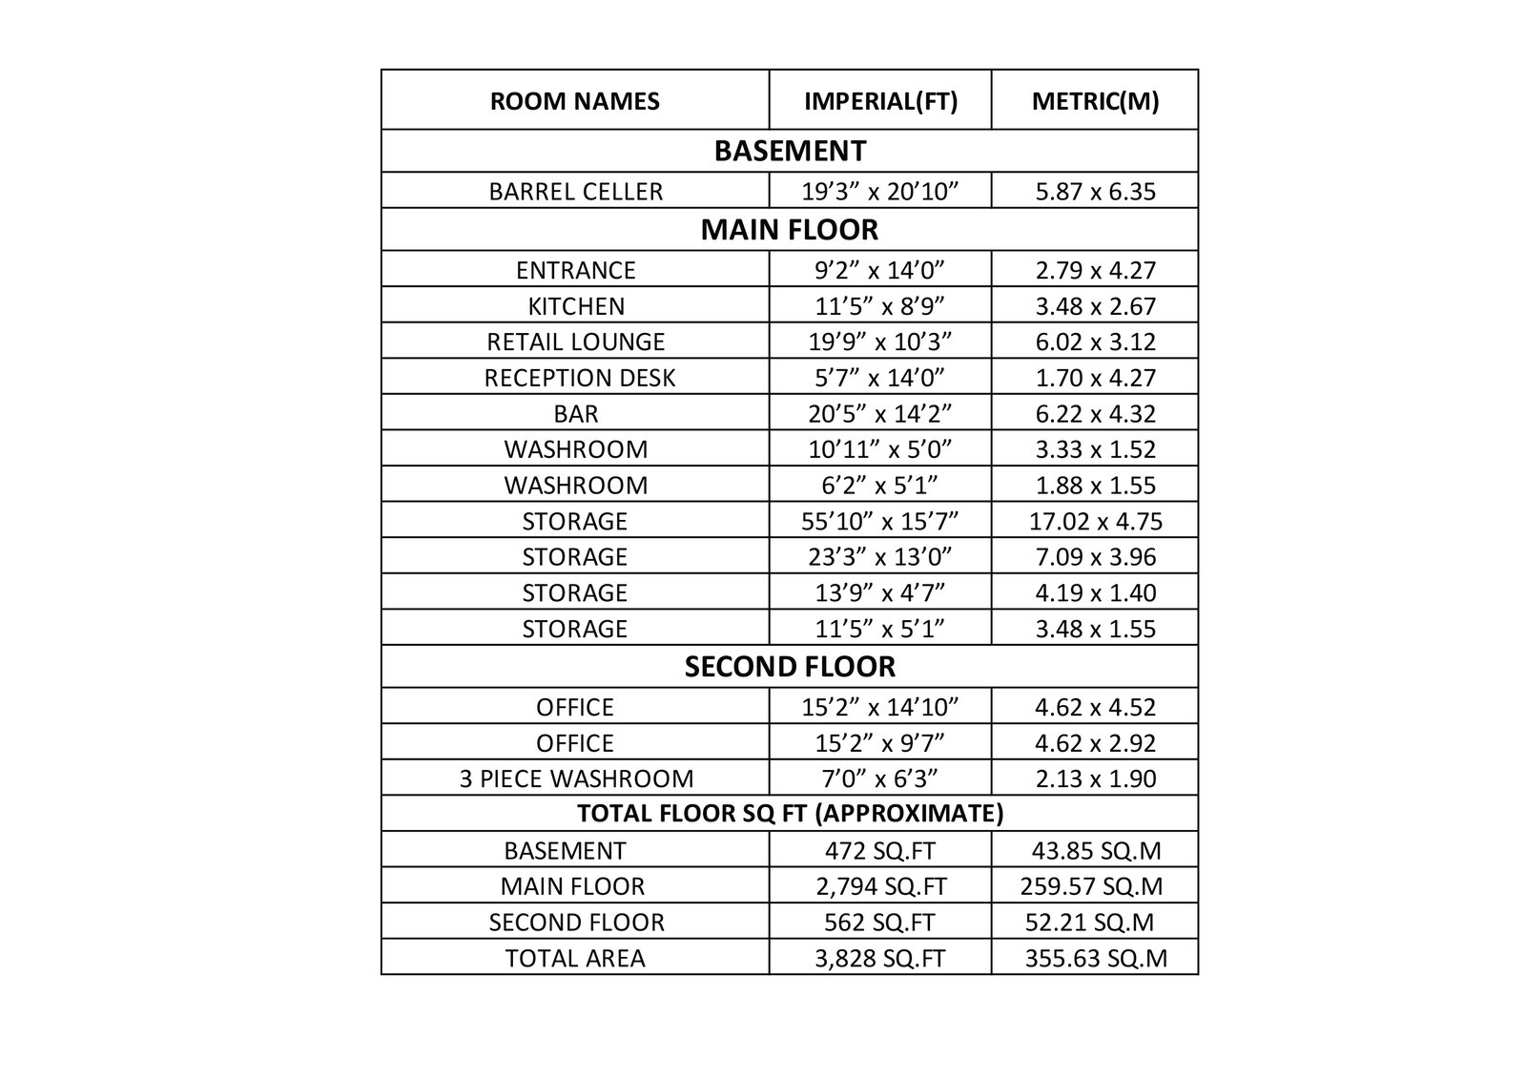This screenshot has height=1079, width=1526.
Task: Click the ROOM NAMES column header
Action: [574, 101]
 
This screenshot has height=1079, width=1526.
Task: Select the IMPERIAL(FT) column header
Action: [880, 101]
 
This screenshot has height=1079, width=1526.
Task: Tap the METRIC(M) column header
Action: [1095, 101]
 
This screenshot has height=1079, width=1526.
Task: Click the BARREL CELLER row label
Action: [575, 192]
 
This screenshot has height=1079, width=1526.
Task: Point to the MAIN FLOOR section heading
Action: [789, 230]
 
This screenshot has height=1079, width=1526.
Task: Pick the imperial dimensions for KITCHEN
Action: [880, 306]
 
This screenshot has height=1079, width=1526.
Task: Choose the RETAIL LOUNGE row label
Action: [575, 342]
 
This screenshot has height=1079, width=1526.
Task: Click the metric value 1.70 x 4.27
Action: [1095, 378]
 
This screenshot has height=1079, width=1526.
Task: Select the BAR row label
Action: [575, 414]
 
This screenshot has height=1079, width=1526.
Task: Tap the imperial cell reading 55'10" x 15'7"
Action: [880, 521]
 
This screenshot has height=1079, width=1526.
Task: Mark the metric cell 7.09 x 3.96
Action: [1095, 557]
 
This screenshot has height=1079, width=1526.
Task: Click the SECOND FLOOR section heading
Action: [789, 667]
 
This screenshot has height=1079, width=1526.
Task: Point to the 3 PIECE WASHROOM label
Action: [576, 778]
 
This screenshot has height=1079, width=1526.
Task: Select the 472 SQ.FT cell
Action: [880, 850]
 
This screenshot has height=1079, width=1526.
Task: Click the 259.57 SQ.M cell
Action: [1095, 886]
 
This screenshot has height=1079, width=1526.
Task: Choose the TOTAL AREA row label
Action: [575, 958]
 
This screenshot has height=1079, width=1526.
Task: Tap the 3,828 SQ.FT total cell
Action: [880, 958]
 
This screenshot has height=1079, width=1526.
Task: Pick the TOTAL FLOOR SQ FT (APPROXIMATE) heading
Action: [789, 814]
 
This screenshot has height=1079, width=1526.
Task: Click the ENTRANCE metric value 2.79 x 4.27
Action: [1095, 270]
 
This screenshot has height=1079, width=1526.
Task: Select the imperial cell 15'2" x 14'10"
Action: [880, 707]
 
